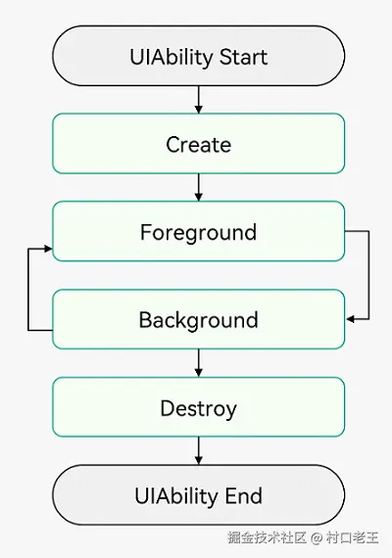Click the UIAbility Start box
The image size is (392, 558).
[199, 56]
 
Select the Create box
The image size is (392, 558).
[199, 143]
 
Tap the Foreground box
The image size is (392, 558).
[199, 231]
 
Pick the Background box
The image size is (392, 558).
[199, 319]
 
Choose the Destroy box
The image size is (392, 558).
[199, 407]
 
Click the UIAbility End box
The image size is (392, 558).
[199, 494]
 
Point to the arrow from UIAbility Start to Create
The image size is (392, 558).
[199, 100]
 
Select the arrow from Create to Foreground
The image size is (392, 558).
[199, 188]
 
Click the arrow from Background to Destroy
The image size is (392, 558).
[199, 363]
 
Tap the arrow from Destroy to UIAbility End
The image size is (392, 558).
[199, 451]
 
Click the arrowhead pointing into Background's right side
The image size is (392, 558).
[350, 319]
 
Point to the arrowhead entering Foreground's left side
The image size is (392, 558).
[48, 249]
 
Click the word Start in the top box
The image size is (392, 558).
[243, 57]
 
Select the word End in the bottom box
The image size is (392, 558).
[244, 496]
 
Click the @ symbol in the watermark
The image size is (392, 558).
[317, 537]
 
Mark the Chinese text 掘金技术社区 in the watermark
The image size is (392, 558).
[268, 537]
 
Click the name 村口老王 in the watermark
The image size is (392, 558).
[352, 537]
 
